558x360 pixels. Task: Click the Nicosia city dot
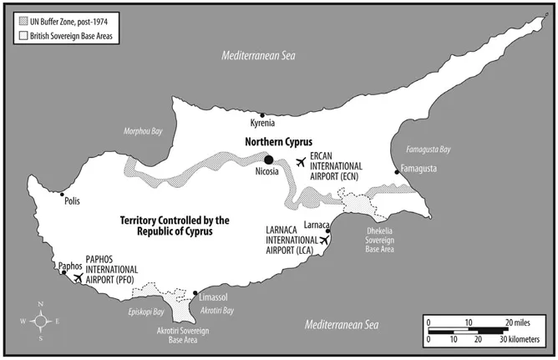(269, 160)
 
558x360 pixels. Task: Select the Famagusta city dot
(397, 172)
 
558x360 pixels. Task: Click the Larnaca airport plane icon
(324, 241)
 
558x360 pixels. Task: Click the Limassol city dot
(196, 293)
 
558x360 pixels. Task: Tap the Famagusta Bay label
(428, 150)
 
